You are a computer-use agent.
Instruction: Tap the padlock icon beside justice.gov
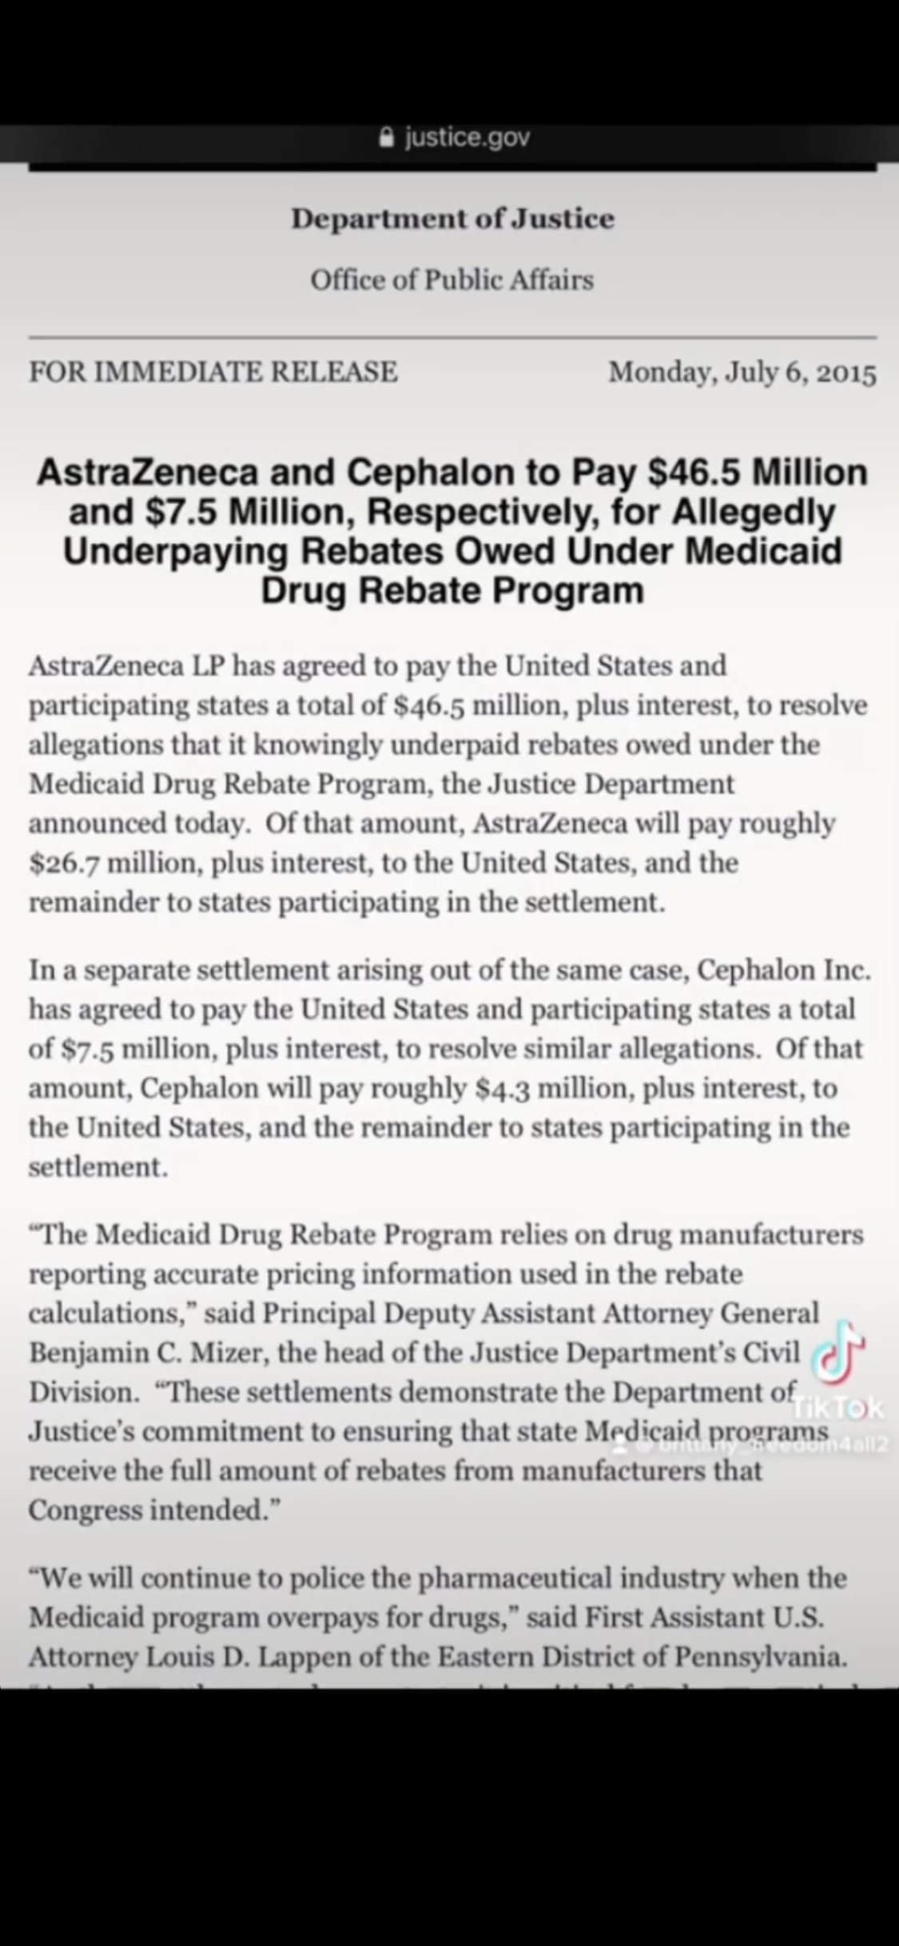387,138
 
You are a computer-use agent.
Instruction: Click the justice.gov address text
467,138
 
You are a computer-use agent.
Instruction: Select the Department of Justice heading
452,218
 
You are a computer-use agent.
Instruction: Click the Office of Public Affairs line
451,280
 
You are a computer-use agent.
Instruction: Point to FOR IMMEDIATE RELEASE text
213,371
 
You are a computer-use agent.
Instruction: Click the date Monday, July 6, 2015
742,372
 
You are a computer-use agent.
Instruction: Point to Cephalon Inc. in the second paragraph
783,970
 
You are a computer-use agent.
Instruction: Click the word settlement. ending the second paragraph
98,1167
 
